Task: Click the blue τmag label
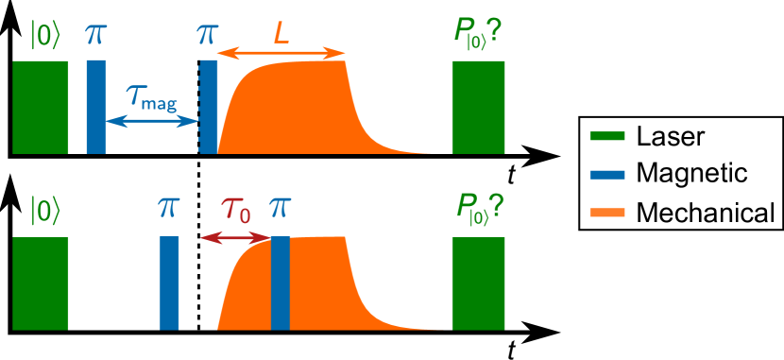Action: [151, 96]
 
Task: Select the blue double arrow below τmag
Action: [152, 120]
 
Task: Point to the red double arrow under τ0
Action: [235, 239]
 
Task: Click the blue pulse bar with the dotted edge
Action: [208, 107]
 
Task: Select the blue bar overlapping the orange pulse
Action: [280, 283]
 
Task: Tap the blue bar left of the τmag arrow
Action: [96, 107]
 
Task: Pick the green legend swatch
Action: [606, 136]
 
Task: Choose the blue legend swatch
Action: [606, 174]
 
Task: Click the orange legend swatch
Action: [606, 213]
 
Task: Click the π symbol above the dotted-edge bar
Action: [207, 35]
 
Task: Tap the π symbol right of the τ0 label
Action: [280, 208]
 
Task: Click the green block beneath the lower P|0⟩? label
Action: [478, 283]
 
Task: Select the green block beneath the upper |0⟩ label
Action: [41, 107]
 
